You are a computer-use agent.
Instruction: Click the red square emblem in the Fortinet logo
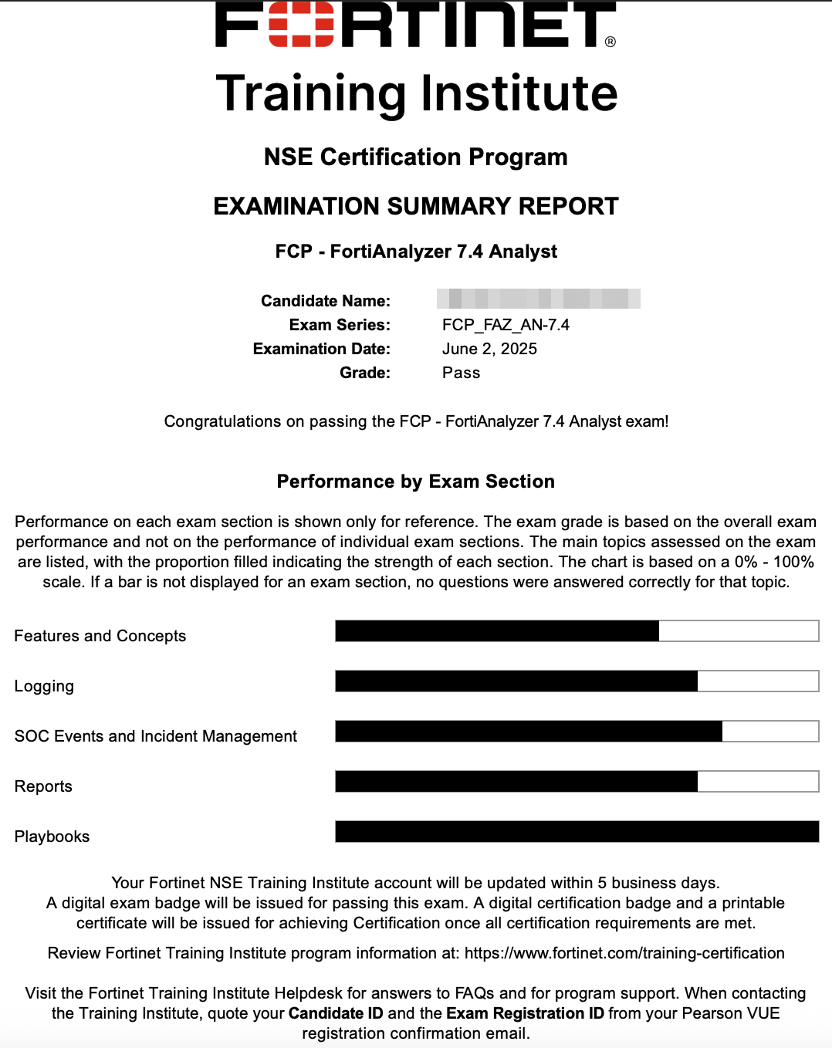pyautogui.click(x=301, y=25)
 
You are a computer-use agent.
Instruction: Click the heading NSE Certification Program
pyautogui.click(x=415, y=157)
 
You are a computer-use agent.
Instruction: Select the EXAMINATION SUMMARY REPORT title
pyautogui.click(x=415, y=206)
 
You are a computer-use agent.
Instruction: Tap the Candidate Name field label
pyautogui.click(x=325, y=301)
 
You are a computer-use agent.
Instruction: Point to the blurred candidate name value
pyautogui.click(x=538, y=299)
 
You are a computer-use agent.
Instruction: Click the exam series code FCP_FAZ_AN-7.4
pyautogui.click(x=506, y=325)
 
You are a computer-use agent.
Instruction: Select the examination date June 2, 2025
pyautogui.click(x=489, y=349)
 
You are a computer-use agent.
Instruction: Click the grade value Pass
pyautogui.click(x=461, y=373)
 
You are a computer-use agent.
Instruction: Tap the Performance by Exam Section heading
pyautogui.click(x=415, y=482)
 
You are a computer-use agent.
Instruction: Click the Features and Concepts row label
pyautogui.click(x=100, y=636)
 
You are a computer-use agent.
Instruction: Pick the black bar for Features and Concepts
pyautogui.click(x=497, y=631)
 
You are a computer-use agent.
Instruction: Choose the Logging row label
pyautogui.click(x=44, y=686)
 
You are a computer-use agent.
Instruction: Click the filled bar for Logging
pyautogui.click(x=516, y=681)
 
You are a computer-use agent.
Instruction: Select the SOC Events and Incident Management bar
pyautogui.click(x=529, y=732)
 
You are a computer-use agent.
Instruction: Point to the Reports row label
pyautogui.click(x=43, y=786)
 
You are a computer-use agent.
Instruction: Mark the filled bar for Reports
pyautogui.click(x=516, y=782)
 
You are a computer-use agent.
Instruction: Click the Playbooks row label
pyautogui.click(x=52, y=837)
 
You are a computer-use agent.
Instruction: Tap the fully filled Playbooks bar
pyautogui.click(x=577, y=832)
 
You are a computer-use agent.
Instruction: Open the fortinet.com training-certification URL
pyautogui.click(x=624, y=953)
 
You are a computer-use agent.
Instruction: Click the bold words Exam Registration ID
pyautogui.click(x=525, y=1013)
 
